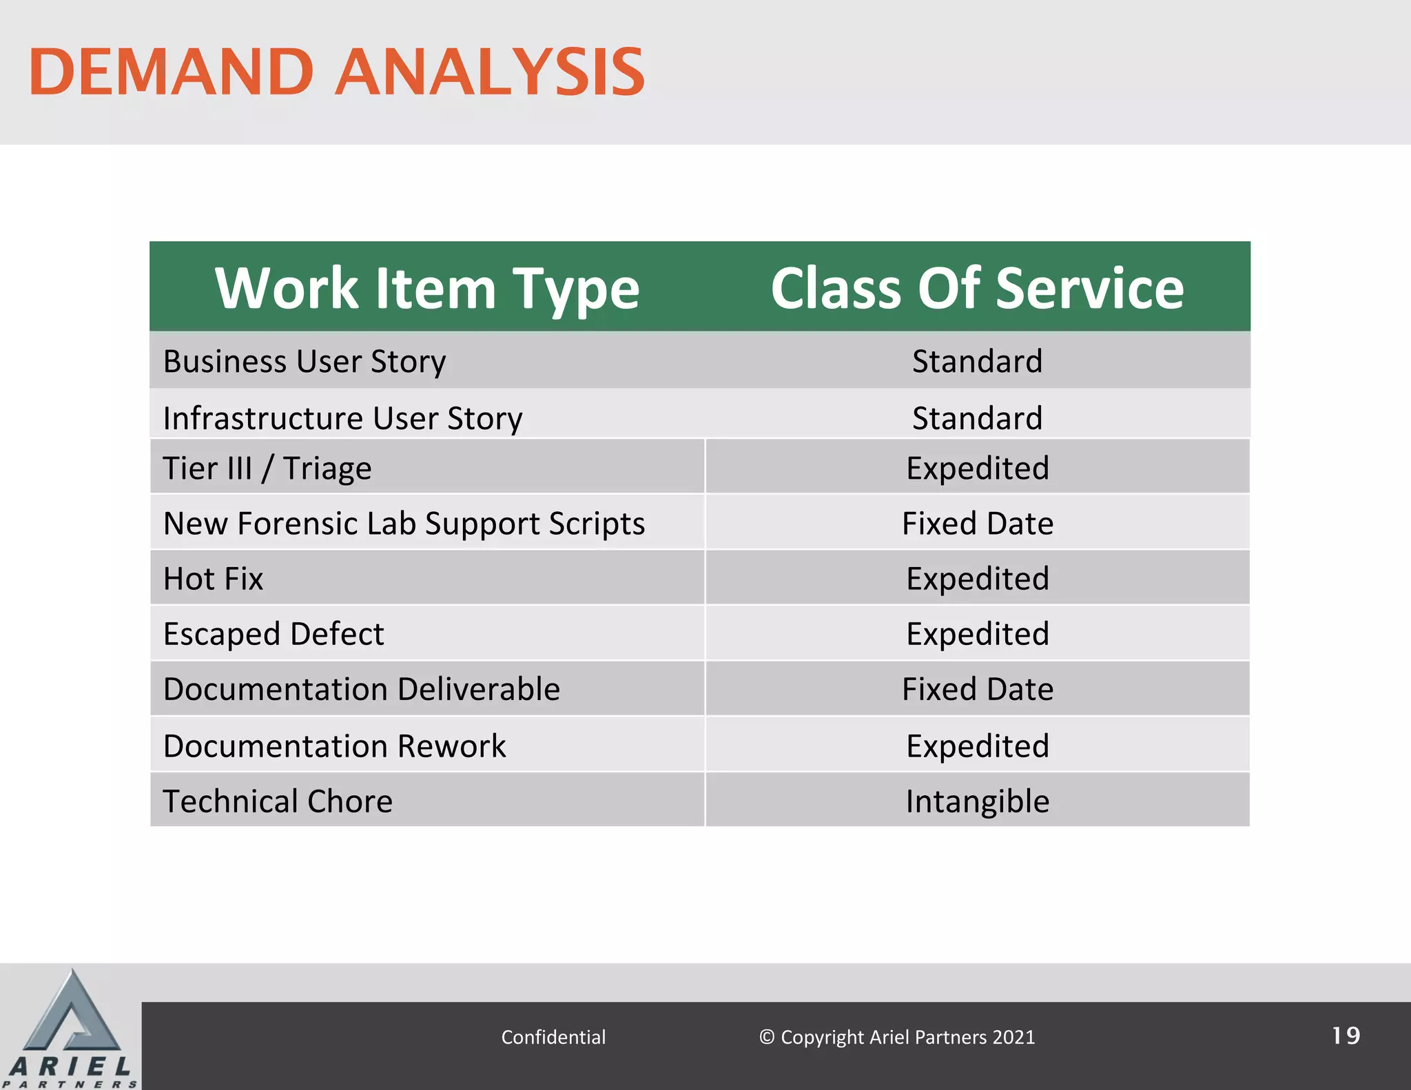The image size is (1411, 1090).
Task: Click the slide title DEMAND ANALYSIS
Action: tap(336, 72)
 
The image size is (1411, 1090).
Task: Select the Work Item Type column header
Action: tap(427, 288)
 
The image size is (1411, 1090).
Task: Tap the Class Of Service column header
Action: tap(977, 288)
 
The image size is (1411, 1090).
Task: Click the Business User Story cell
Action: tap(305, 362)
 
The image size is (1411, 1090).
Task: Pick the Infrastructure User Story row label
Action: tap(342, 418)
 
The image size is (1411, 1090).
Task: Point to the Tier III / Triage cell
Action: tap(267, 469)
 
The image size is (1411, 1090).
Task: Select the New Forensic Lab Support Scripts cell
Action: tap(404, 524)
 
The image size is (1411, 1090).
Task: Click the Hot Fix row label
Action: tap(214, 579)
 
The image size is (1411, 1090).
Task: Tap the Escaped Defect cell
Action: tap(274, 634)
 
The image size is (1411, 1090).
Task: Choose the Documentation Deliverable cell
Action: tap(362, 689)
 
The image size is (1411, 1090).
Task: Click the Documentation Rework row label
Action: tap(334, 746)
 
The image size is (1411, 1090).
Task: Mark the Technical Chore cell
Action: tap(278, 801)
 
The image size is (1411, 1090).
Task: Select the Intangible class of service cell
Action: tap(977, 801)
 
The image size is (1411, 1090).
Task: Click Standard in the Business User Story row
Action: tap(977, 362)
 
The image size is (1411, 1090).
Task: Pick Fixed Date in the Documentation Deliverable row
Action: tap(977, 689)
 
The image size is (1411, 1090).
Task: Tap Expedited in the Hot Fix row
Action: tap(977, 579)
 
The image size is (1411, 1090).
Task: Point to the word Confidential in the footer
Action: tap(553, 1037)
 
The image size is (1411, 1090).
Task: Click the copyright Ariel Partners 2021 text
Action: tap(897, 1037)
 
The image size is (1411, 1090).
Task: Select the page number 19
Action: tap(1346, 1036)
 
